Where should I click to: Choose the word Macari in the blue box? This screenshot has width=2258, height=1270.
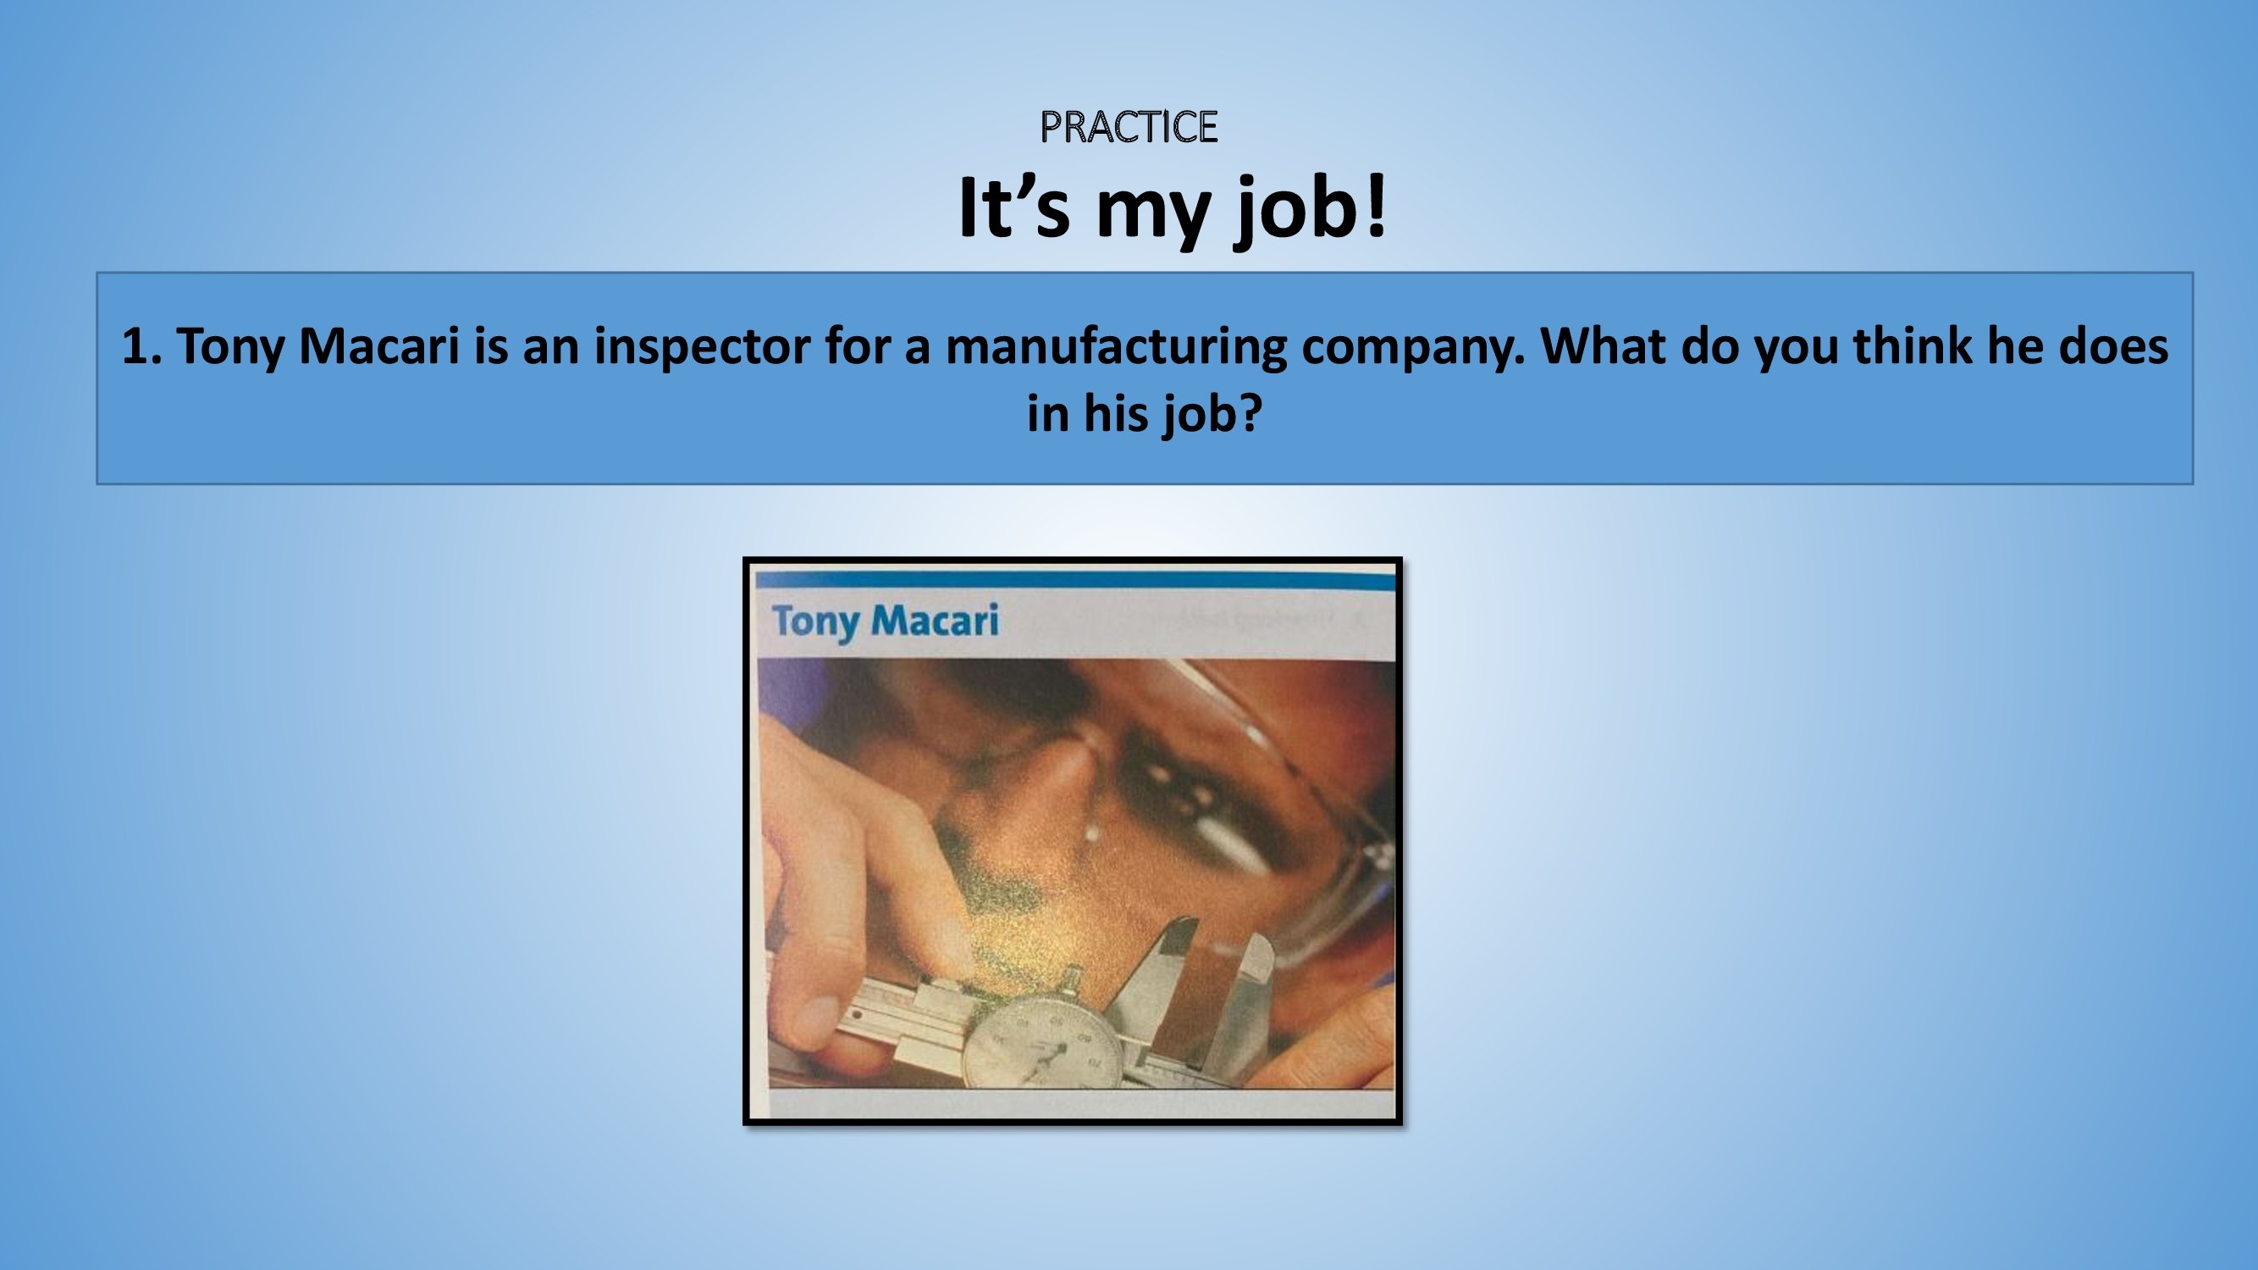(x=378, y=345)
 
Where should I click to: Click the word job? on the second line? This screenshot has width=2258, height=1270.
(x=1213, y=416)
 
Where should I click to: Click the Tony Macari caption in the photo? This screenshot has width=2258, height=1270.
(x=886, y=621)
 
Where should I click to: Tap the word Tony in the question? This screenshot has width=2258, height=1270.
(x=230, y=347)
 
